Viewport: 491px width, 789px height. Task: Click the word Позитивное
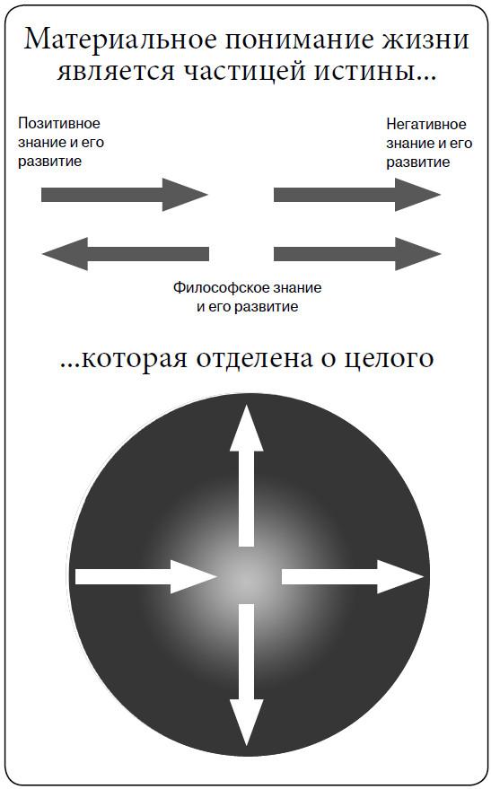coord(59,123)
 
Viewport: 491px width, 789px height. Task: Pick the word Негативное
coord(426,124)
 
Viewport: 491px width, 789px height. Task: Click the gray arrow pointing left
coord(126,254)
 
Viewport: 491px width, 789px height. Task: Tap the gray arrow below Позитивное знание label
coord(124,194)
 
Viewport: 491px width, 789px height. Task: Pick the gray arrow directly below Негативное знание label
coord(357,195)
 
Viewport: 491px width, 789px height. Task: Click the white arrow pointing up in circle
coord(246,476)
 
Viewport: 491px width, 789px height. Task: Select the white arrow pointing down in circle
coord(246,675)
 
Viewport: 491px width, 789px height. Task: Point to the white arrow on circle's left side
coord(145,576)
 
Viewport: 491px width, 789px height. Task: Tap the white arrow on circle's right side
coord(352,576)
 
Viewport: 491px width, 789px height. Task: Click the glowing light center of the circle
coord(247,576)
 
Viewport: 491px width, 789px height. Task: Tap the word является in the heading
coord(116,71)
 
